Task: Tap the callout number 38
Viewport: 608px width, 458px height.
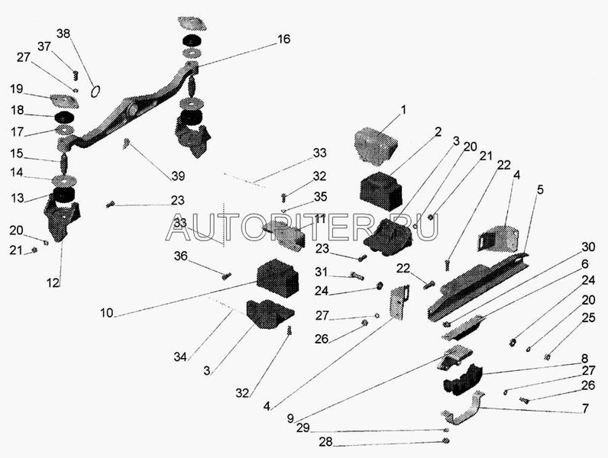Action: (x=63, y=34)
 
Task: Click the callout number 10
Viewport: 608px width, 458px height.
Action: (x=105, y=313)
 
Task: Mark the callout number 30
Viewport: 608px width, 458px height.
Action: (x=587, y=247)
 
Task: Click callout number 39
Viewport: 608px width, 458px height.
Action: (x=178, y=176)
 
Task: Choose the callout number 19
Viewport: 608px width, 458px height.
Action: (x=17, y=89)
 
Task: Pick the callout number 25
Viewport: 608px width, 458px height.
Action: (x=587, y=317)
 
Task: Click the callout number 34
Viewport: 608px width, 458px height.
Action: (x=180, y=356)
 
